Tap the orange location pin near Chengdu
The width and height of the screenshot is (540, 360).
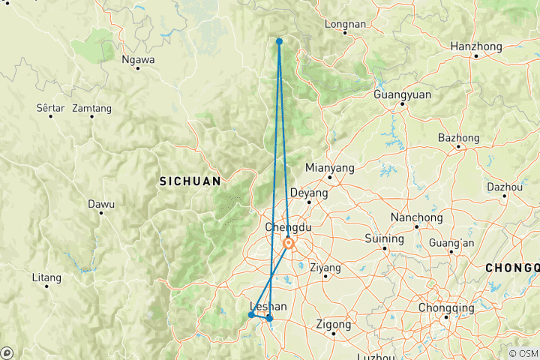coord(289,244)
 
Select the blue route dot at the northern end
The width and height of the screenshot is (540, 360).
coord(279,41)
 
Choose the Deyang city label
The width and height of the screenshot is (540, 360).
coord(309,193)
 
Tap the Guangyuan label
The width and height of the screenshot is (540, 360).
coord(403,94)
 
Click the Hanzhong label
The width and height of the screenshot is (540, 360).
coord(476,46)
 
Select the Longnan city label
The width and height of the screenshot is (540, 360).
coord(345,24)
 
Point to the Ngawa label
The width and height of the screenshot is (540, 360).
coord(139,58)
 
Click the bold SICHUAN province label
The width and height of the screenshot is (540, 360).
coord(190,181)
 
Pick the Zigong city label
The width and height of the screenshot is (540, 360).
coord(333,325)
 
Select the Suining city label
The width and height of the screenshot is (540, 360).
coord(384,239)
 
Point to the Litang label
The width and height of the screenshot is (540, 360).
coord(46,277)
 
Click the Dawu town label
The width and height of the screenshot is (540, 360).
coord(101,203)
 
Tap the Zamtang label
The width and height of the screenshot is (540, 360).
coord(92,108)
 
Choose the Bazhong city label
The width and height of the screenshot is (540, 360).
coord(458,138)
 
